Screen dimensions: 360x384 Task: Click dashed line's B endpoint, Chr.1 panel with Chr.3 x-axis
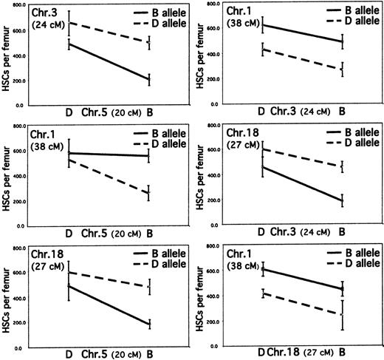pyautogui.click(x=342, y=69)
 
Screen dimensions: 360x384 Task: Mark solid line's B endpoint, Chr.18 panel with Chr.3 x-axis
pyautogui.click(x=342, y=201)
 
